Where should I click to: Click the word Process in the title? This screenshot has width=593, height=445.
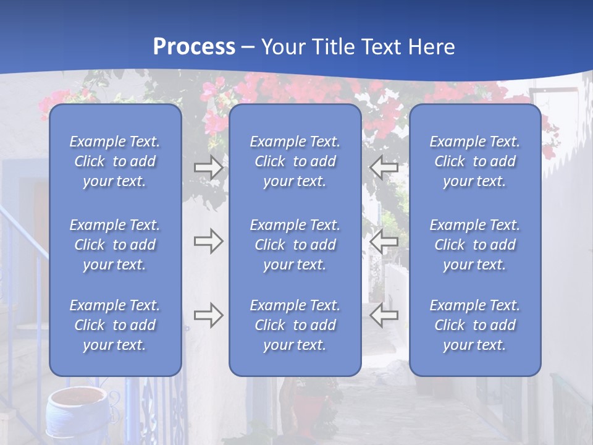(x=194, y=47)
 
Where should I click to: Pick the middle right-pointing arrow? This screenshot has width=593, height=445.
(x=208, y=241)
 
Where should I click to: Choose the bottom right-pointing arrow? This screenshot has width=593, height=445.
(x=208, y=315)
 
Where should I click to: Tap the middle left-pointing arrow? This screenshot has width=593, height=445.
(x=384, y=241)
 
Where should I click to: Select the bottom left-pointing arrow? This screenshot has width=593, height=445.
(x=384, y=315)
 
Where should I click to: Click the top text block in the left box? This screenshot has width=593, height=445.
(x=115, y=161)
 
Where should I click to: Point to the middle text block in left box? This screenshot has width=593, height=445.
(x=115, y=245)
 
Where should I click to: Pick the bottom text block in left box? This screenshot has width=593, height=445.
(x=115, y=325)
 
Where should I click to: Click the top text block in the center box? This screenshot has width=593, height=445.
(x=295, y=161)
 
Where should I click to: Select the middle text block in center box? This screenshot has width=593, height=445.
(x=295, y=245)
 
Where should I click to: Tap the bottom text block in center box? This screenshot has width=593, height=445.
(x=295, y=325)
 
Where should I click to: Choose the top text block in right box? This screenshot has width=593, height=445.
(x=474, y=161)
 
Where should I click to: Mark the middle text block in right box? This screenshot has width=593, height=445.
(x=474, y=245)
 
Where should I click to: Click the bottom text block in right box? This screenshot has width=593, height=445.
(x=474, y=325)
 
